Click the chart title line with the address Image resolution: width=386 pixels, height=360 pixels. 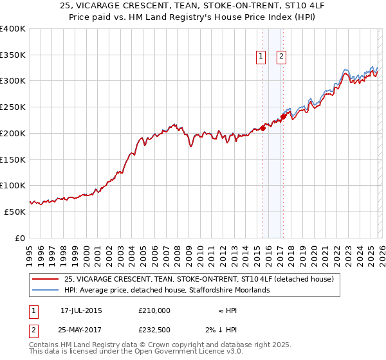click(193, 6)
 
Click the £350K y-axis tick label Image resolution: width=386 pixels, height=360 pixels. click(13, 55)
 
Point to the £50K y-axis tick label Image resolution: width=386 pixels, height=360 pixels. click(15, 212)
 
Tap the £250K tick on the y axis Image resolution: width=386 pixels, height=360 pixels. click(13, 107)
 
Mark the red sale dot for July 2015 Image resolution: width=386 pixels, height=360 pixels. click(262, 128)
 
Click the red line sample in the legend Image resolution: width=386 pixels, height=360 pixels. click(46, 280)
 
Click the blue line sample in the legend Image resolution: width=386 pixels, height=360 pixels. click(46, 291)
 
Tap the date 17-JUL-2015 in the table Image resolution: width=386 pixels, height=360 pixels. click(81, 310)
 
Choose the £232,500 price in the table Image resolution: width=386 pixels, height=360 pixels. click(154, 330)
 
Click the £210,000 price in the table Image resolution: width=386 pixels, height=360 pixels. click(154, 310)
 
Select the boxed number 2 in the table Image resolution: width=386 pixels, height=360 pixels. click(33, 330)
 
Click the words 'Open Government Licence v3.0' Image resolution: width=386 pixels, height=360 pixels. click(192, 352)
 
